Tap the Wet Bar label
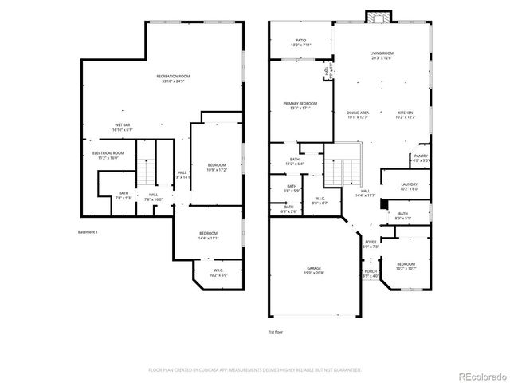[x=122, y=125]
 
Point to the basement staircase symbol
[x=145, y=170]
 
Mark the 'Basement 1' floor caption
[x=88, y=231]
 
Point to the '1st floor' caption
[x=276, y=330]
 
